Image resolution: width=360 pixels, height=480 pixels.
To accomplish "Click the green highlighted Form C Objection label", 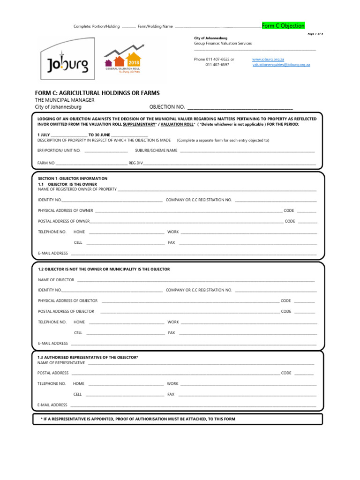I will coord(283,26).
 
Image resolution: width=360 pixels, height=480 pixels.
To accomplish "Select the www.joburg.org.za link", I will coord(268,60).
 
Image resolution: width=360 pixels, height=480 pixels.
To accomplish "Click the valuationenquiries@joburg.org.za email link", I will coord(281,65).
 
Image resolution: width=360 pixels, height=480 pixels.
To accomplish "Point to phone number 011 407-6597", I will coord(217,65).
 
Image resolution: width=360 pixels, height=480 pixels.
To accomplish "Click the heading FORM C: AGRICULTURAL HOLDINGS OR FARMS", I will coord(97,93).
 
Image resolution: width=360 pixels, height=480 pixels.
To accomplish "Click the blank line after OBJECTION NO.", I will coord(240,107).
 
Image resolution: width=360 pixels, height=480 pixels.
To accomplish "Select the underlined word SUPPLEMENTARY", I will coord(138,125).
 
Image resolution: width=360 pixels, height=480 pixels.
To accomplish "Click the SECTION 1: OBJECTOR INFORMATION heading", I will coord(73,179).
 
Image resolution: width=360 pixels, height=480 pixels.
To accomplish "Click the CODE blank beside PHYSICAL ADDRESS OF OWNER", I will coord(307,211).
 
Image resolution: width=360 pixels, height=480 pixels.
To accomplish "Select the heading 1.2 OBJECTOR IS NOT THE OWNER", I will coord(104,269).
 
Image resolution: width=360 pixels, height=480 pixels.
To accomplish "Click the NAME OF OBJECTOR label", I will coord(56,280).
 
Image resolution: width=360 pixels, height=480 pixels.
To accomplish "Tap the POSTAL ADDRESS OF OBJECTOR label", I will coord(66,311).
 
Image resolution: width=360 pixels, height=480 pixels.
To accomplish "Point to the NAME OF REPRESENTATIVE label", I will coord(61,363).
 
